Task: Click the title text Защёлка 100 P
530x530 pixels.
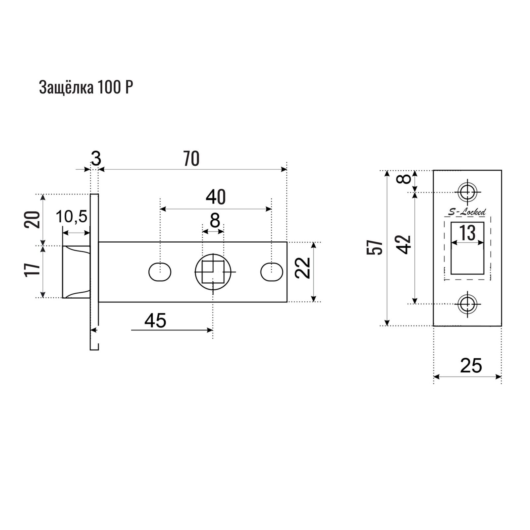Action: point(86,88)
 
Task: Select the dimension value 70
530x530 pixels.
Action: point(191,159)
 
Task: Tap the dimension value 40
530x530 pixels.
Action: point(216,198)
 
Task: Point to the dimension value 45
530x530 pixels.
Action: point(155,321)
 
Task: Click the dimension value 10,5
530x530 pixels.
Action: point(72,217)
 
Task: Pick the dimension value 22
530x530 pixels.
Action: point(303,268)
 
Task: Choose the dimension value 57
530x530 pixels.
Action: point(375,247)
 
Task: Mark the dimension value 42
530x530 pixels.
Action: point(404,245)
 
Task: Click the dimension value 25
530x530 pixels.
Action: point(471,366)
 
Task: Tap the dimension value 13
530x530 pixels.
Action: point(467,233)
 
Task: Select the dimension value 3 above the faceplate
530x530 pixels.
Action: point(96,158)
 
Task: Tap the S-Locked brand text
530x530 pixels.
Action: point(467,212)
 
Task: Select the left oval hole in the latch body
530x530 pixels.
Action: point(160,272)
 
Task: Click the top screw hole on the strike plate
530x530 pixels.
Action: point(467,192)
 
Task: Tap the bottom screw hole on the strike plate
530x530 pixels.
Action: point(467,303)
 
